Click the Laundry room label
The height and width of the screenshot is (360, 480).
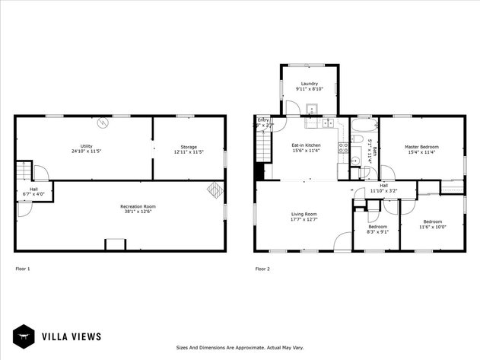309,84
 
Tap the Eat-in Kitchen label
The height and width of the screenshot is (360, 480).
307,145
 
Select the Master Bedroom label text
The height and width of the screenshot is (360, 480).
421,147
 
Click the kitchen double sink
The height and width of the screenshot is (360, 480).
328,123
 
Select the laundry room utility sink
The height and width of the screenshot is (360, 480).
312,109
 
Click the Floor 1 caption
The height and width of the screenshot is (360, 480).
23,268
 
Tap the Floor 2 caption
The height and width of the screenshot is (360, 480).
262,268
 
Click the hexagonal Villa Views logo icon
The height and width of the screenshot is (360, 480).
24,336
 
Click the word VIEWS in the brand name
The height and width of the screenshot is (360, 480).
85,336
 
